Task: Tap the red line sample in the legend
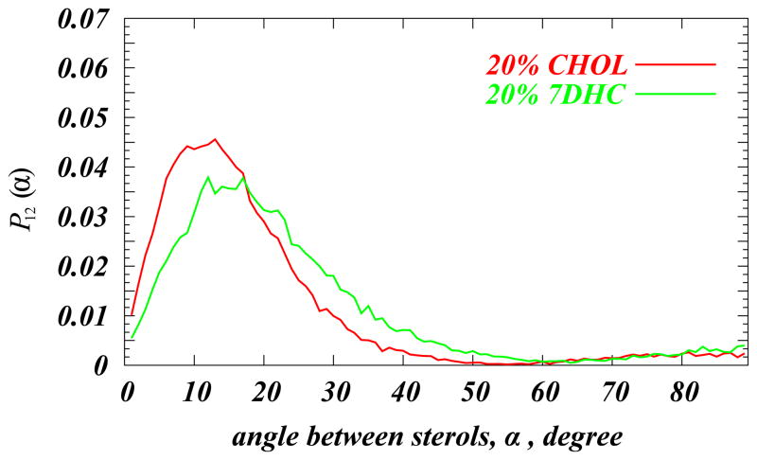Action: [678, 66]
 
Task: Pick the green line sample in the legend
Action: [678, 95]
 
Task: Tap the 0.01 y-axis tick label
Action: [89, 315]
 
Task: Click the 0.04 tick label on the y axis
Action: [89, 168]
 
